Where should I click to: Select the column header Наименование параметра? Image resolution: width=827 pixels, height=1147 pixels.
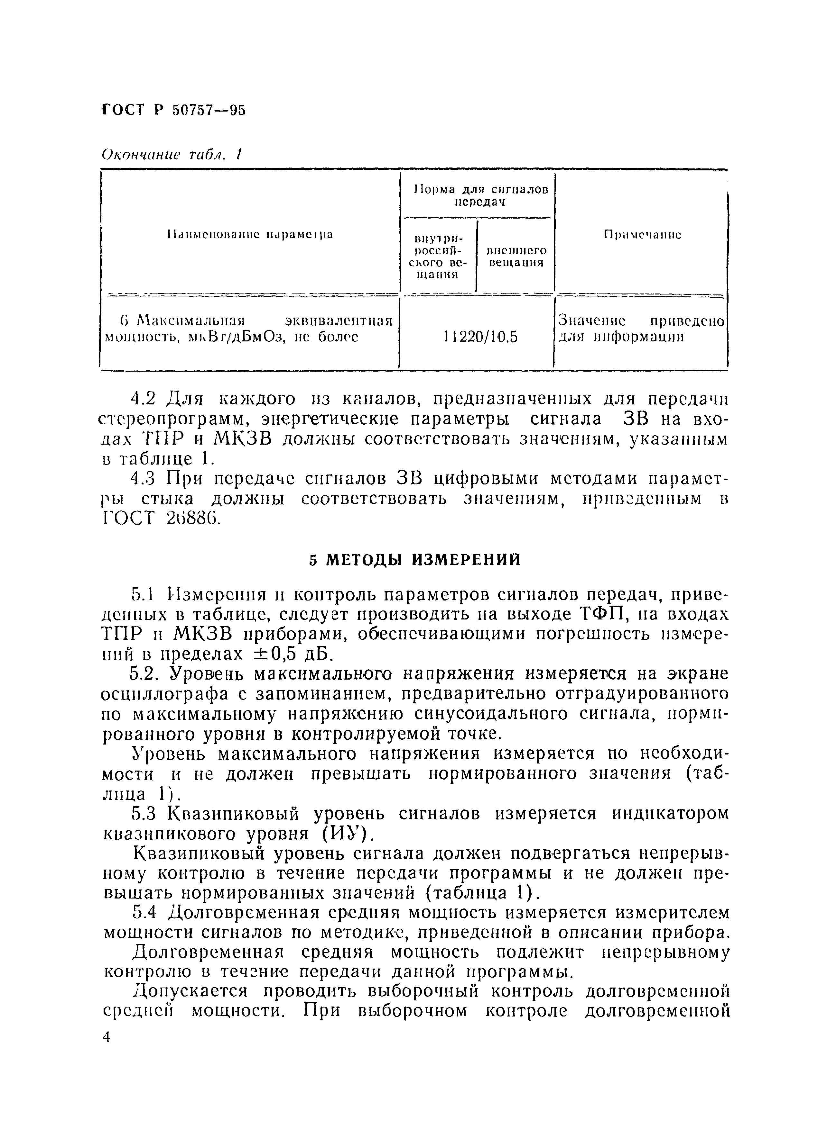coord(250,235)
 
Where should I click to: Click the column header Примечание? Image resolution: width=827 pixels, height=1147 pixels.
coord(642,235)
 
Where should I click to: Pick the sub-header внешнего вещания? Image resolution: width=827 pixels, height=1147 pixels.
coord(516,257)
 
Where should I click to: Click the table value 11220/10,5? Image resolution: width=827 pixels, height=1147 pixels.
coord(480,337)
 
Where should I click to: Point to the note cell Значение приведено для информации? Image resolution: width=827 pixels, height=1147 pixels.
coord(641,329)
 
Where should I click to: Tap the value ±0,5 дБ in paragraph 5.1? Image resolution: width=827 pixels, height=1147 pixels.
coord(293,655)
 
